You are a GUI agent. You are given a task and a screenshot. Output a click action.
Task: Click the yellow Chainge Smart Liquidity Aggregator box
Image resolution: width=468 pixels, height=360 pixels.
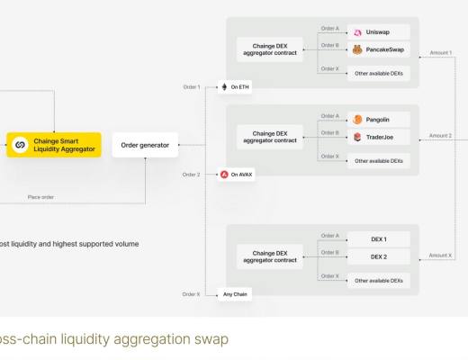point(55,144)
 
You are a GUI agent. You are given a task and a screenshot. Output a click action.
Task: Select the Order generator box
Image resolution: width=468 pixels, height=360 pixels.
point(146,144)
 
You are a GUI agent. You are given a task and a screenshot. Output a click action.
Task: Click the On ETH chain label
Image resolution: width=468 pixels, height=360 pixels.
point(238,87)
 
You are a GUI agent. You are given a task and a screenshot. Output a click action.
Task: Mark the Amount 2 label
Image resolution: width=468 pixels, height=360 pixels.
point(440,136)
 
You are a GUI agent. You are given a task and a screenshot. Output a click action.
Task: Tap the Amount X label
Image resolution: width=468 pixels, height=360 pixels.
point(440,256)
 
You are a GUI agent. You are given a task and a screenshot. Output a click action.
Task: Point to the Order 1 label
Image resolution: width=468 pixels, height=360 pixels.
point(191,87)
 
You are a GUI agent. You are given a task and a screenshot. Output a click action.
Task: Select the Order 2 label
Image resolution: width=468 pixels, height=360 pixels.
point(191,174)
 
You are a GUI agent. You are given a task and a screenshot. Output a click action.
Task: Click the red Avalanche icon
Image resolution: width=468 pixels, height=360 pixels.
point(224,174)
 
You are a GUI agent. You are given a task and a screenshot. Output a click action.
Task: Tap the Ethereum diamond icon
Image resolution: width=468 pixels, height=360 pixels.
point(225,87)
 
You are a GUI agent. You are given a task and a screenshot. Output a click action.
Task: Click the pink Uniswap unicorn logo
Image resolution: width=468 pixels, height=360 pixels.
point(358,32)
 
